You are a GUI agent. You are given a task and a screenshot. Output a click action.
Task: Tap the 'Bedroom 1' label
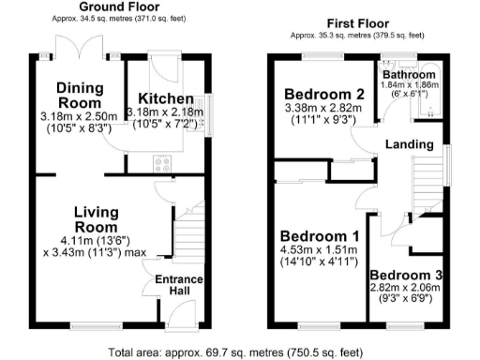pyautogui.click(x=314, y=235)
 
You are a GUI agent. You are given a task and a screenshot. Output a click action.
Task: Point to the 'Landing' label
pyautogui.click(x=410, y=144)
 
